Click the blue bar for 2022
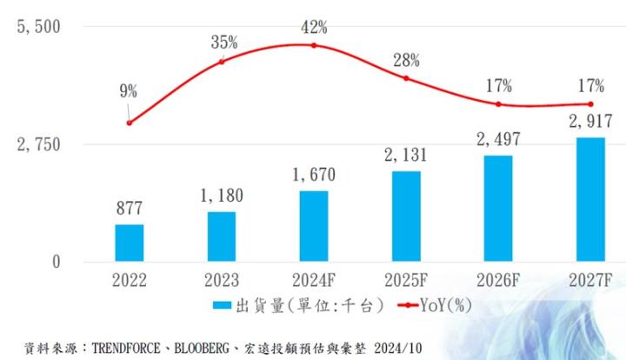[130, 243]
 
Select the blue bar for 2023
[222, 237]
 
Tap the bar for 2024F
[314, 226]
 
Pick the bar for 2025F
[406, 217]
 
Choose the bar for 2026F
[498, 209]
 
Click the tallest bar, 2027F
[590, 199]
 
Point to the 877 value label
[130, 209]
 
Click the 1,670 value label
[314, 175]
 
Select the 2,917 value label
[590, 121]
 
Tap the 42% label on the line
[314, 27]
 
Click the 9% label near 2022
[130, 90]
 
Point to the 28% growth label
[406, 60]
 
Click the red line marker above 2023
[222, 61]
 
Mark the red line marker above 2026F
[498, 104]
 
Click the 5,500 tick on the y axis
[39, 26]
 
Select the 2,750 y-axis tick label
[39, 143]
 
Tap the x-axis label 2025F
[406, 282]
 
